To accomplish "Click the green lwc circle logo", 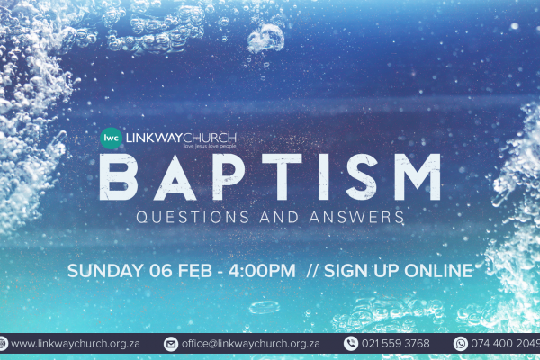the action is pos(111,138).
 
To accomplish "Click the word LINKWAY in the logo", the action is pos(154,138).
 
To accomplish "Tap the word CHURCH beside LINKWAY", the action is pos(210,138).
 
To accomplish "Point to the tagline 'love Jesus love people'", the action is pos(210,147).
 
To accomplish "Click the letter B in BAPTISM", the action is pos(119,177).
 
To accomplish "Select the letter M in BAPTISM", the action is pos(417,177).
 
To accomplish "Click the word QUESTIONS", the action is pos(193,218).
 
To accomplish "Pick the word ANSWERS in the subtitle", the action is pos(356,218).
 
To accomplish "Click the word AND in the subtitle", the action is pos(279,218).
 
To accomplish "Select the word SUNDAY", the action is pos(105,271).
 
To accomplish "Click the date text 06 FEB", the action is pos(181,271).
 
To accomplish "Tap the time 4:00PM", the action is pos(262,271).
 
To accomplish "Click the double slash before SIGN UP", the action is pos(312,271).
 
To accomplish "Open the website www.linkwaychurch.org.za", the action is pos(76,344).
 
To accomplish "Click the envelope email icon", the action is pos(171,344).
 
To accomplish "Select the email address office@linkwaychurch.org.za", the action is pos(251,344).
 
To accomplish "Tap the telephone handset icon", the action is pos(351,344).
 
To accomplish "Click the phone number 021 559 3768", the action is pos(396,344).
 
